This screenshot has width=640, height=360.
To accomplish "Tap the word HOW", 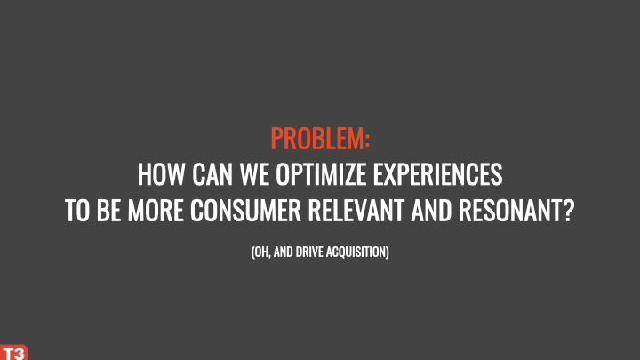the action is [x=161, y=174].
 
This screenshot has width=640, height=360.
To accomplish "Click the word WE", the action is [x=254, y=174].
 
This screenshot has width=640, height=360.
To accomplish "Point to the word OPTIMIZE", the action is [x=321, y=174].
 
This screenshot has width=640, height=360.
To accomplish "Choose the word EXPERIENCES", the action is [x=437, y=174].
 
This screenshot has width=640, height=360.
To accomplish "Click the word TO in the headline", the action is [x=77, y=211].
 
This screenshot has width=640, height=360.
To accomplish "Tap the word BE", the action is [x=108, y=211].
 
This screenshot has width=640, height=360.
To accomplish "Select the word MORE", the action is [x=156, y=211].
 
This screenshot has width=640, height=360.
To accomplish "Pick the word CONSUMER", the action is [x=245, y=211].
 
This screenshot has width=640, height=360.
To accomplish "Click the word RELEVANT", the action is [x=356, y=211].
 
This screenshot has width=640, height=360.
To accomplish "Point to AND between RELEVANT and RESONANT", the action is [x=431, y=211].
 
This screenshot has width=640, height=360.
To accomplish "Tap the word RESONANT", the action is [x=510, y=211].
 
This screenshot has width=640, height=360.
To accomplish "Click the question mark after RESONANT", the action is [x=569, y=211].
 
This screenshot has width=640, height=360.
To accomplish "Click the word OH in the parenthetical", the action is [x=260, y=252].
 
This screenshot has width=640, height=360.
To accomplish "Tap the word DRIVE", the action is [x=309, y=252].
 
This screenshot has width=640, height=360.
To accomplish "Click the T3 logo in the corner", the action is [x=13, y=352].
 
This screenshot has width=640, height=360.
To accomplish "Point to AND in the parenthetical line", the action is [x=283, y=252].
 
